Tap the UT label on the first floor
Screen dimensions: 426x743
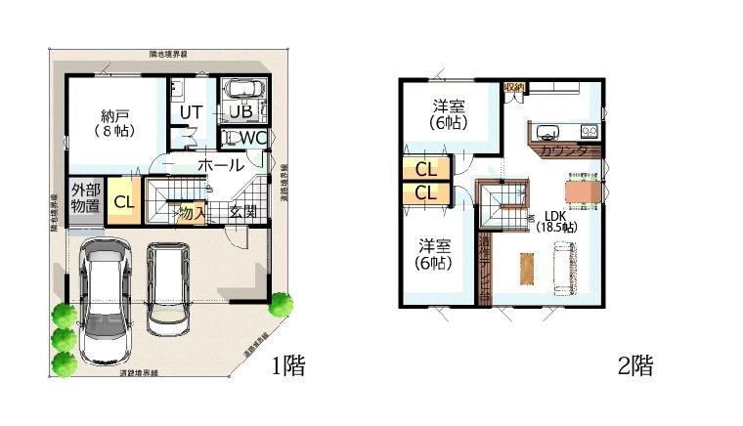coord(191,111)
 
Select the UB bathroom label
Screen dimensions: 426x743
coord(241,110)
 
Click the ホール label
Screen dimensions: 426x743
coord(221,166)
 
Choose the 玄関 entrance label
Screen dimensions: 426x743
coord(243,210)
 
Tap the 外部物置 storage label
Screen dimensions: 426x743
coord(85,197)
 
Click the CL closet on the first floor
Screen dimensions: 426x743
coord(123,202)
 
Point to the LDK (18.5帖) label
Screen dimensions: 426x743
coord(556,221)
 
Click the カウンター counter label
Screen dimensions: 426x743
coord(564,151)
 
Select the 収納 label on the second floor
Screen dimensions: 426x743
coord(514,88)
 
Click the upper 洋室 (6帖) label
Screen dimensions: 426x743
coord(449,114)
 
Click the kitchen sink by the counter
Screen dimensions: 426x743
coord(545,130)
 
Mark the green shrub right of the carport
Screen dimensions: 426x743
coord(280,305)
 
